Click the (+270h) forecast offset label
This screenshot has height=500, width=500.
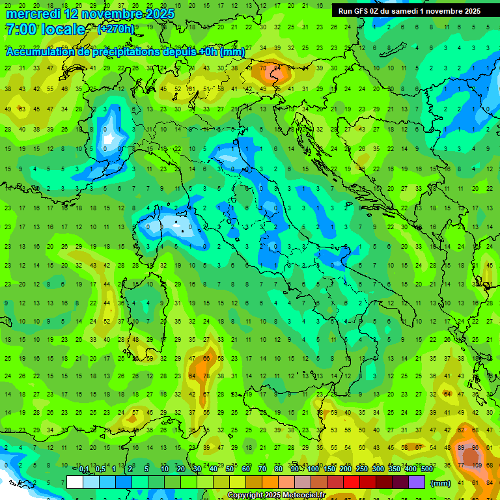pyautogui.click(x=116, y=29)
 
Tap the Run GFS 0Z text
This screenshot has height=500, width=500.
pyautogui.click(x=358, y=11)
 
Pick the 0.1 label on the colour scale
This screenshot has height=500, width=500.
pyautogui.click(x=84, y=469)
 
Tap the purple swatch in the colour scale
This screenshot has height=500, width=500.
pyautogui.click(x=417, y=482)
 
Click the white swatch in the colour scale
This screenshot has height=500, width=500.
pyautogui.click(x=75, y=482)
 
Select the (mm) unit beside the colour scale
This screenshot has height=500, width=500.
pyautogui.click(x=440, y=482)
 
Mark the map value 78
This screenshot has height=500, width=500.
pyautogui.click(x=206, y=376)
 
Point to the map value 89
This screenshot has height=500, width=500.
pyautogui.click(x=462, y=449)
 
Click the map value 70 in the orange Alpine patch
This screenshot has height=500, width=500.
pyautogui.click(x=262, y=68)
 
